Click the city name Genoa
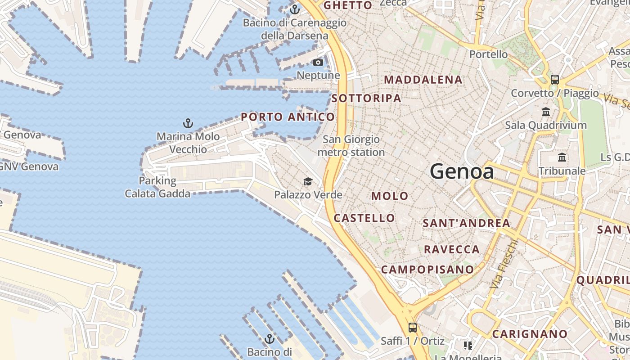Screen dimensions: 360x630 [x=462, y=171]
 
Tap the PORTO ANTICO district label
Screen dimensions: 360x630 [x=288, y=117]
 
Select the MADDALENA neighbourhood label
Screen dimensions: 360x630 [x=423, y=80]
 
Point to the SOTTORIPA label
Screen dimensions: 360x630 [x=366, y=98]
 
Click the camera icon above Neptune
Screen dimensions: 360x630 [x=318, y=62]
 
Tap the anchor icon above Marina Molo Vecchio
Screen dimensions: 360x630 [x=188, y=123]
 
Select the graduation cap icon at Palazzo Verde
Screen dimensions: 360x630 [x=308, y=181]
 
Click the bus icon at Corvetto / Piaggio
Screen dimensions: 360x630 [x=555, y=80]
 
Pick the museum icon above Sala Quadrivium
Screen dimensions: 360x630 [x=546, y=112]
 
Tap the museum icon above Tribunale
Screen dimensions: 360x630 [x=562, y=157]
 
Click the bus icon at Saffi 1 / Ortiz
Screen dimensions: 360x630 [x=413, y=327]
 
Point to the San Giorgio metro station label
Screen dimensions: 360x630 [x=351, y=146]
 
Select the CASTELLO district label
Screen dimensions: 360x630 [x=364, y=218]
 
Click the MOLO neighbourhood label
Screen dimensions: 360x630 [x=390, y=196]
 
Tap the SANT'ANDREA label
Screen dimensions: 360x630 [x=466, y=223]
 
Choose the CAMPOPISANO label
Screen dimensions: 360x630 [x=427, y=270]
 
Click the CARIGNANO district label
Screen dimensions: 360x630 [x=530, y=334]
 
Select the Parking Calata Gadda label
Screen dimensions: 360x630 [x=157, y=187]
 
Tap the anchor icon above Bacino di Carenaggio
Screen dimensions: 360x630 [x=295, y=9]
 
